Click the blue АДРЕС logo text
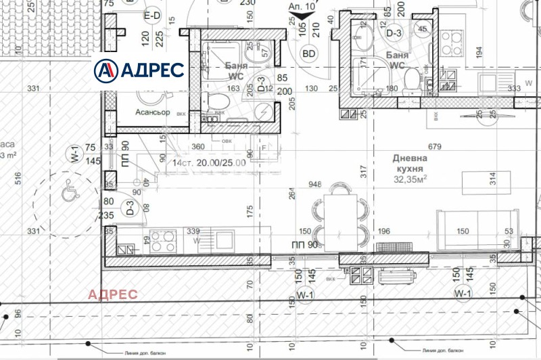151,69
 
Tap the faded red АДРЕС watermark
113,294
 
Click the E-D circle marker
151,15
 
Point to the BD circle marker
309,53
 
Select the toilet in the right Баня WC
410,83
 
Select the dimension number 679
434,146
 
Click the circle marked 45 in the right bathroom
423,28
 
